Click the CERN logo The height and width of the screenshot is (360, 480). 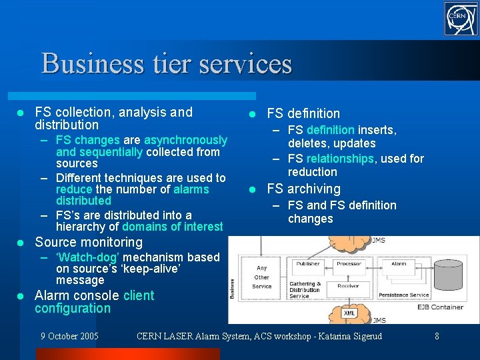point(461,19)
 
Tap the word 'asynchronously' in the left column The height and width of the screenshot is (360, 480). point(185,140)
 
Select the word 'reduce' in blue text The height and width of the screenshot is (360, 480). point(73,189)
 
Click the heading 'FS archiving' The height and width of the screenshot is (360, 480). point(303,189)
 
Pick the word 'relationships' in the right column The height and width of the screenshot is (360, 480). point(339,159)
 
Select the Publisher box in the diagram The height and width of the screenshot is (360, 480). point(308,263)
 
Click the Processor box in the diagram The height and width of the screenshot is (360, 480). point(349,263)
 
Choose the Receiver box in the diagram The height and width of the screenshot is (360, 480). point(349,286)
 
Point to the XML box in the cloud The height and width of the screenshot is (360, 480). point(349,312)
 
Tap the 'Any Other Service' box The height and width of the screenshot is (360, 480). point(262,277)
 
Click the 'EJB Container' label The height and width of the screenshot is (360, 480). point(440,307)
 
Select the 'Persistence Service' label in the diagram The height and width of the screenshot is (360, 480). point(404,295)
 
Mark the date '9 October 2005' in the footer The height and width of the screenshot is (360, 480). point(69,336)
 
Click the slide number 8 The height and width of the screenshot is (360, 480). point(437,336)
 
